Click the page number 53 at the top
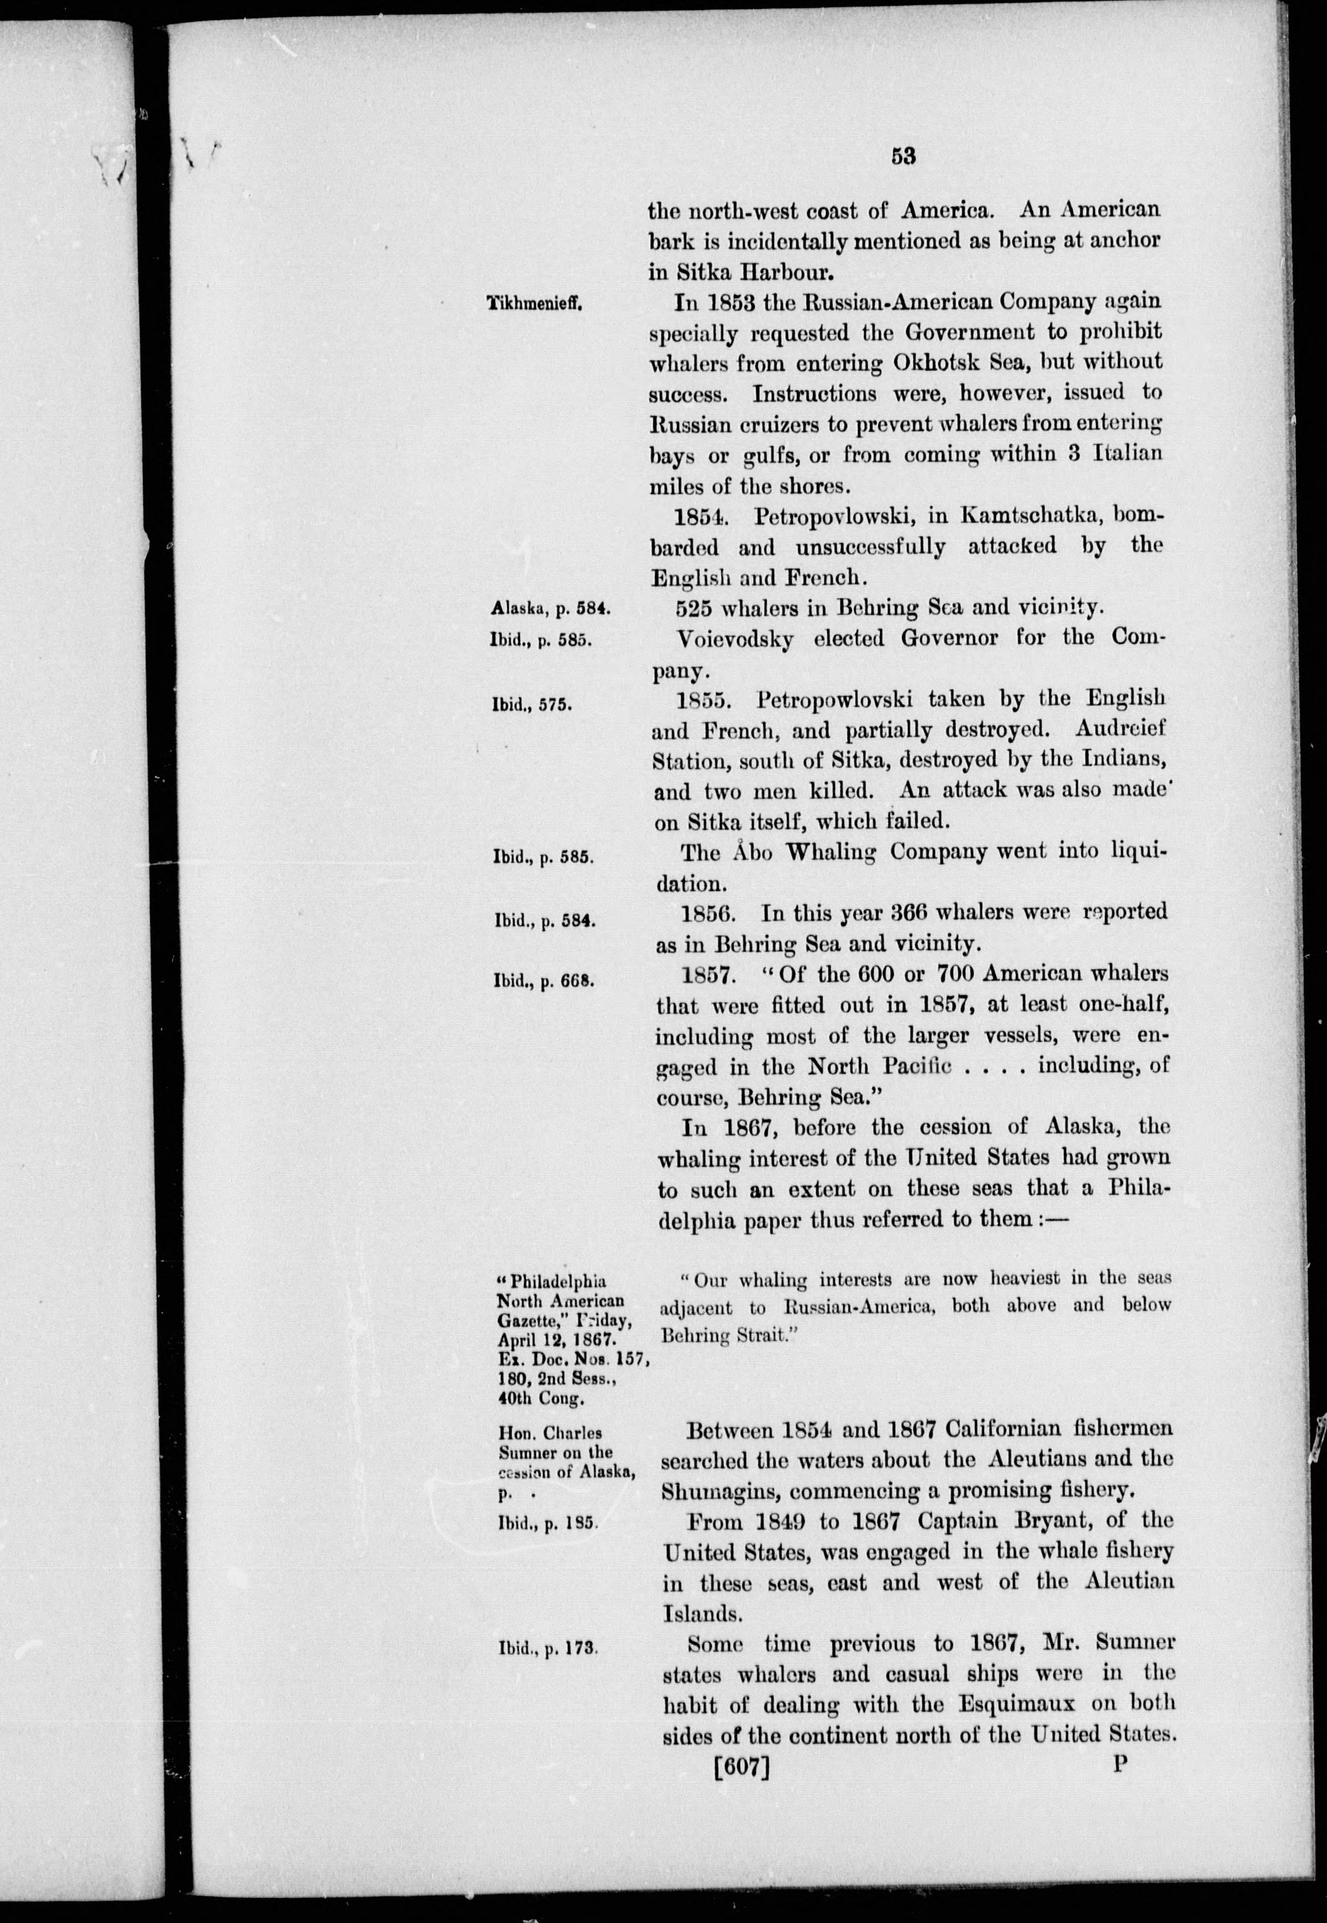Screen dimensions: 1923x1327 click(902, 156)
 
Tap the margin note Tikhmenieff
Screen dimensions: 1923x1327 click(536, 304)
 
